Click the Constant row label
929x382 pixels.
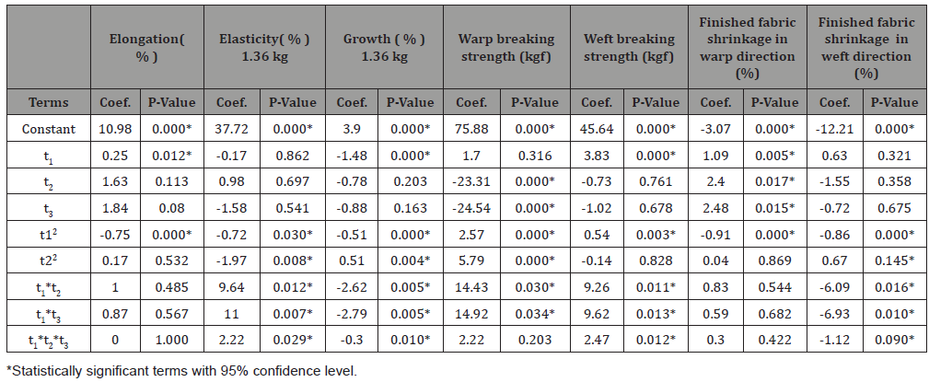(48, 129)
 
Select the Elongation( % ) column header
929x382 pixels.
(142, 48)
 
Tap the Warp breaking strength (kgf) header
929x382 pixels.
(506, 48)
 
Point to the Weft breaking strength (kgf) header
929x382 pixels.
(629, 48)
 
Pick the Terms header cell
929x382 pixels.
(48, 102)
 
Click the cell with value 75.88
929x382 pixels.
(471, 129)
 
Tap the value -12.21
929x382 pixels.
(835, 129)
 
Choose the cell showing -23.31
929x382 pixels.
(471, 182)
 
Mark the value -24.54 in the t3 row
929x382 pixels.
(471, 209)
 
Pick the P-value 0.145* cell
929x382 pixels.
(895, 262)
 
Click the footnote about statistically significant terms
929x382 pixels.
(180, 371)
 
